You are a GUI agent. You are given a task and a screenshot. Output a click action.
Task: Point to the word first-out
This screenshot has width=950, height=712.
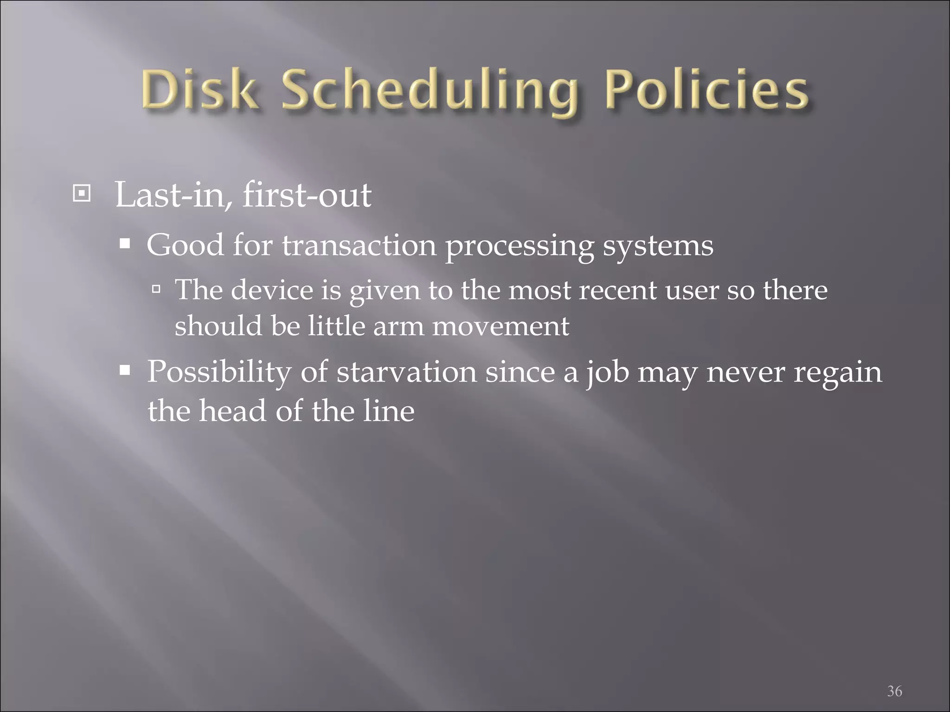point(307,195)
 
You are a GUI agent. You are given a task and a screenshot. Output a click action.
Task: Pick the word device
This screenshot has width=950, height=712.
point(272,290)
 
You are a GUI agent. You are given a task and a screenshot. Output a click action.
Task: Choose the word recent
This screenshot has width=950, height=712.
point(617,291)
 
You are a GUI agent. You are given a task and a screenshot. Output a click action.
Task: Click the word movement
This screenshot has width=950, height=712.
point(501,326)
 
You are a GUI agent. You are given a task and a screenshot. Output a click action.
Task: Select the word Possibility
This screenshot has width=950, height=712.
point(219,373)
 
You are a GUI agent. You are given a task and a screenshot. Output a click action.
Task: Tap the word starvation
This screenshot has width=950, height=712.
point(406,373)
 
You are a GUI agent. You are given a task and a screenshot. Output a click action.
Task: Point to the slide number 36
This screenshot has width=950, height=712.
point(894,678)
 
